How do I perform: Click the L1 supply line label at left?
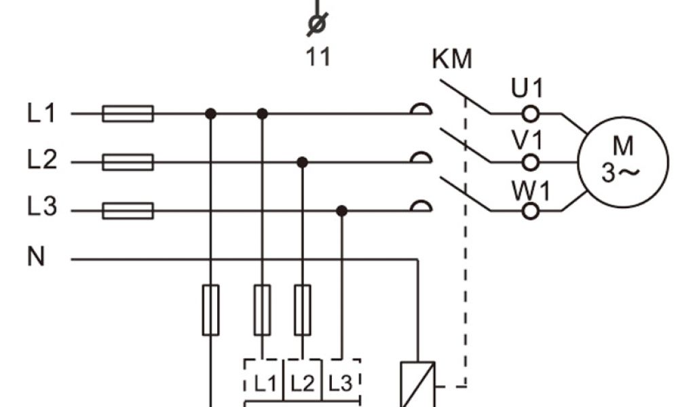coord(41,113)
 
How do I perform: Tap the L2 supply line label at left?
coord(41,161)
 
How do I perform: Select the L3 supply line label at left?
coord(41,208)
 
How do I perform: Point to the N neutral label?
coord(36,258)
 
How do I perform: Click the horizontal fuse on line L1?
coord(128,113)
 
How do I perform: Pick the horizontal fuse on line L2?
coord(128,162)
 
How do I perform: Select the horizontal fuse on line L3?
coord(128,211)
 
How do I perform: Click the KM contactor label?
coord(451,60)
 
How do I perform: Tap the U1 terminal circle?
coord(531,113)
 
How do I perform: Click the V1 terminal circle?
coord(531,162)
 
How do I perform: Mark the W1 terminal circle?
coord(531,211)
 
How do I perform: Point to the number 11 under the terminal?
coord(318,57)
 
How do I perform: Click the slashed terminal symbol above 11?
coord(316,24)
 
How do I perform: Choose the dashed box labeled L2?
coord(303,383)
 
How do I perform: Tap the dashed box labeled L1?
coord(265,383)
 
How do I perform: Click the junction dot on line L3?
coord(342,211)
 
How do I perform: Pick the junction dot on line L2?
coord(303,162)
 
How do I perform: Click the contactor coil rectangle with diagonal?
coord(417,384)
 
